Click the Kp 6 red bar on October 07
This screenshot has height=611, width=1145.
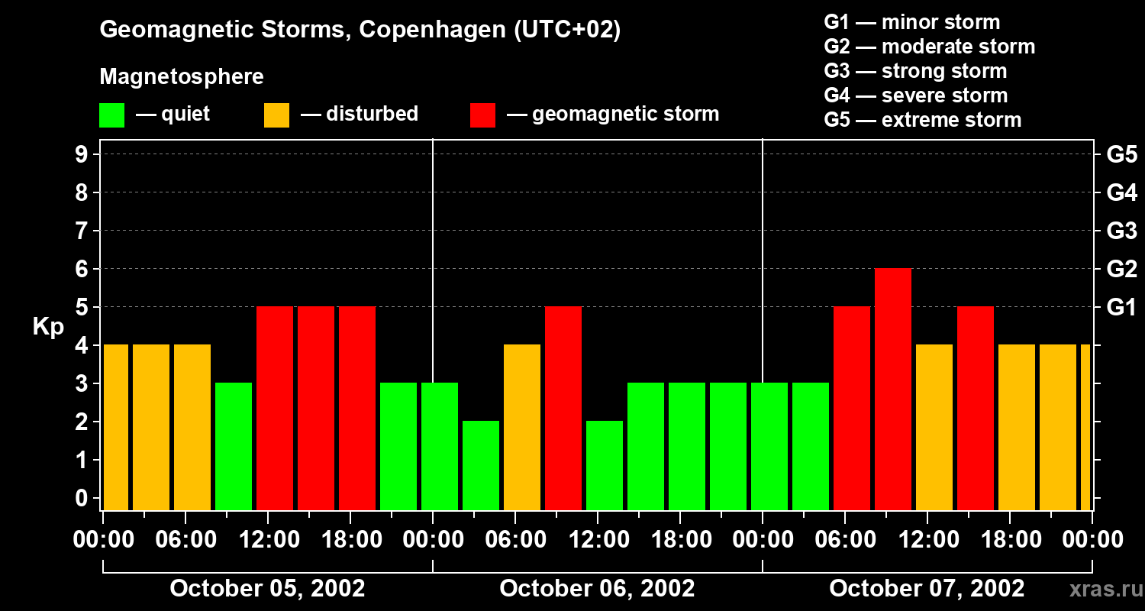[893, 389]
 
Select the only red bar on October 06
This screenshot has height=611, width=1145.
[563, 408]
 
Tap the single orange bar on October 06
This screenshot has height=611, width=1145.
[522, 427]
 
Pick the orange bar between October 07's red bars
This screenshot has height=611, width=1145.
[934, 427]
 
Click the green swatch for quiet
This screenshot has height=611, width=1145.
[112, 115]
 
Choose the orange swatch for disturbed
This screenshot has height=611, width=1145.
[277, 115]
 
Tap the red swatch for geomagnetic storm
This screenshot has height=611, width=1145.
[483, 115]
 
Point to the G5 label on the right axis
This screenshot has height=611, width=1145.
[1121, 155]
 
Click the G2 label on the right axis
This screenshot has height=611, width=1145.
[1121, 270]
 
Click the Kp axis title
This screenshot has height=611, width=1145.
[48, 327]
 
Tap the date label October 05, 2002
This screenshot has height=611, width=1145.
[267, 589]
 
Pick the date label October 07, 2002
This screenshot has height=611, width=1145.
[927, 589]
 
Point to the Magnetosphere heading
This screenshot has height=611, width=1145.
[182, 77]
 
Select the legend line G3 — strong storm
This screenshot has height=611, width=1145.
[915, 71]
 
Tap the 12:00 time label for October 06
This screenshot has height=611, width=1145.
[598, 540]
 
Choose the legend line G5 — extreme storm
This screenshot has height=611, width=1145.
[922, 120]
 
